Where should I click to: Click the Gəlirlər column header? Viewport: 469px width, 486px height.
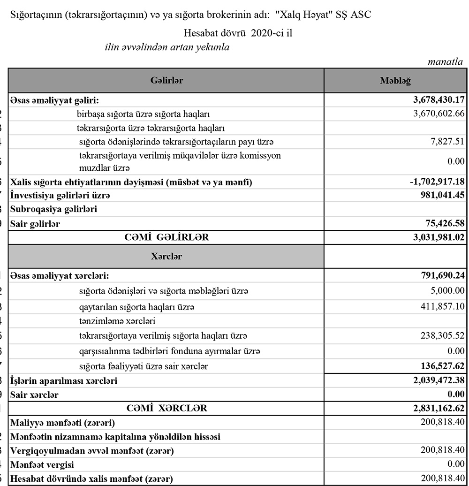click(x=166, y=81)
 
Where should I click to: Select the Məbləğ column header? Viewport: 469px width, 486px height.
click(x=395, y=81)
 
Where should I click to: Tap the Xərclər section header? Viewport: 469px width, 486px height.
click(x=166, y=257)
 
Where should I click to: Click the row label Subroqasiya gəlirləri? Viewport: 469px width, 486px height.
click(x=53, y=210)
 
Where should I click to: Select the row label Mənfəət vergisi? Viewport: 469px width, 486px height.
click(x=42, y=465)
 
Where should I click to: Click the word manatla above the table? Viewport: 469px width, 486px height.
click(x=446, y=62)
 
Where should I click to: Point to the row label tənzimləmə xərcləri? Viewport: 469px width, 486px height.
click(x=117, y=321)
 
